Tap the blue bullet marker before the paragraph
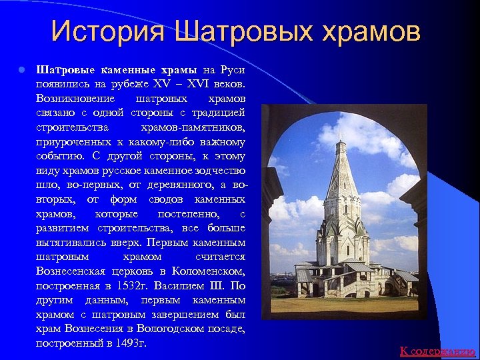coord(22,70)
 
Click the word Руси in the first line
coord(233,70)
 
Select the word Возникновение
coord(73,99)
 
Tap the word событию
coord(60,157)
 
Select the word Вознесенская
coord(71,271)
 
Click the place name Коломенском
coord(208,271)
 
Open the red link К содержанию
coord(437,351)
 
